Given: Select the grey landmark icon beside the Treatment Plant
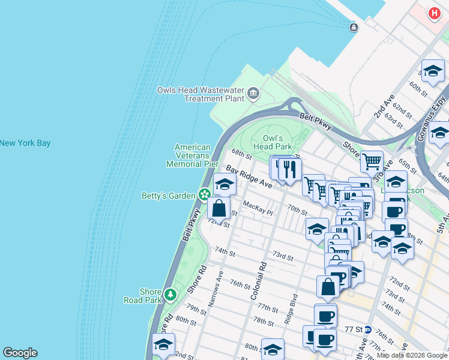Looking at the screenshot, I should [253, 94].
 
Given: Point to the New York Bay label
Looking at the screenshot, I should [25, 143].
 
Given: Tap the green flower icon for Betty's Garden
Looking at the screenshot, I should [205, 194].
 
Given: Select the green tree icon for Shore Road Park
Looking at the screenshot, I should [171, 294].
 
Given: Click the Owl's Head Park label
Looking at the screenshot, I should [272, 142].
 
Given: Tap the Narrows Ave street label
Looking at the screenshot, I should [215, 289].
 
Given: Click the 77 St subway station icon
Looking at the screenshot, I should [367, 329].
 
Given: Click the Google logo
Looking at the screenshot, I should [20, 353].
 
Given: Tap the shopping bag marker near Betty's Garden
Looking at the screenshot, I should [219, 209].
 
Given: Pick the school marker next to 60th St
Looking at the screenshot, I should [432, 71].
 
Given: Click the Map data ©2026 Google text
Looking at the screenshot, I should [412, 355].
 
